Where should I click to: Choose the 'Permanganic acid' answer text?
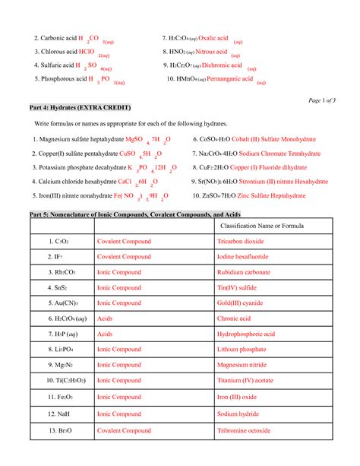pyautogui.click(x=232, y=79)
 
